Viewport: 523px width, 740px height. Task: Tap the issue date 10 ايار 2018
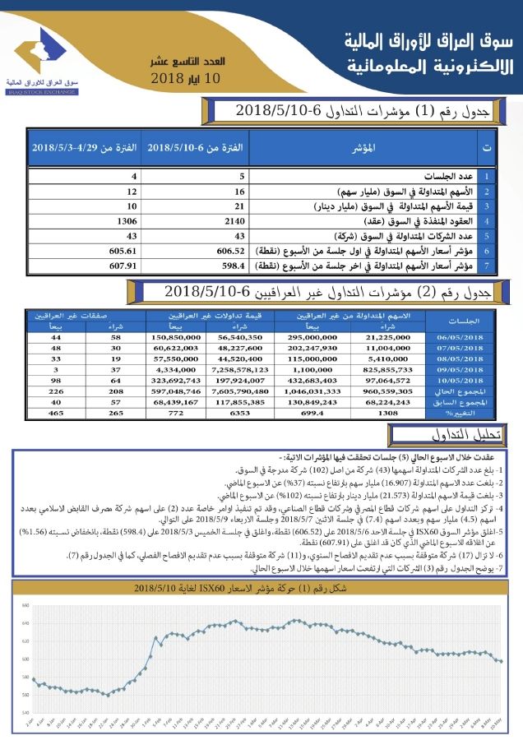point(187,79)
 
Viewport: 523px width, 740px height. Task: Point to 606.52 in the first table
point(231,251)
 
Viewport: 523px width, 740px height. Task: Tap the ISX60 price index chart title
point(261,589)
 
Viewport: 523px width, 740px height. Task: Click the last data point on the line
point(501,661)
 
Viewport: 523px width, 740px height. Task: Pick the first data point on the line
point(33,679)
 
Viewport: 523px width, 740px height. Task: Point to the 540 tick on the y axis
point(25,712)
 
